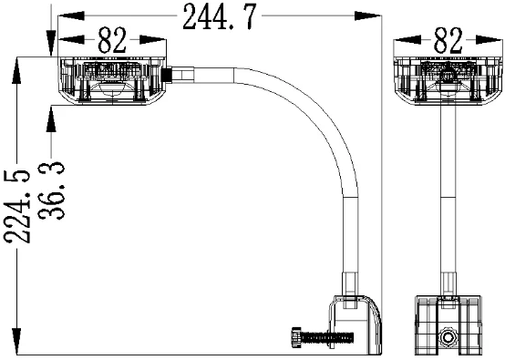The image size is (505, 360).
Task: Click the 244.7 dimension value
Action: [220, 17]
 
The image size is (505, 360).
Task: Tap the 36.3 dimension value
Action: [52, 191]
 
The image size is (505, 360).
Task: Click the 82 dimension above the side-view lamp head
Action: [112, 41]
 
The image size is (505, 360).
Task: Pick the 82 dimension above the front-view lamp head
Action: [448, 40]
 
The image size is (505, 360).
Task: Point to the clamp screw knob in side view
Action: [296, 337]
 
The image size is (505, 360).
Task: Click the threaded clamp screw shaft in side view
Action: [327, 337]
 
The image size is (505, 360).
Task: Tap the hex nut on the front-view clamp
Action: [448, 337]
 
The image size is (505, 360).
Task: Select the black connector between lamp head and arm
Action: [166, 75]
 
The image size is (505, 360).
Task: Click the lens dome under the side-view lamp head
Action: [112, 89]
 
